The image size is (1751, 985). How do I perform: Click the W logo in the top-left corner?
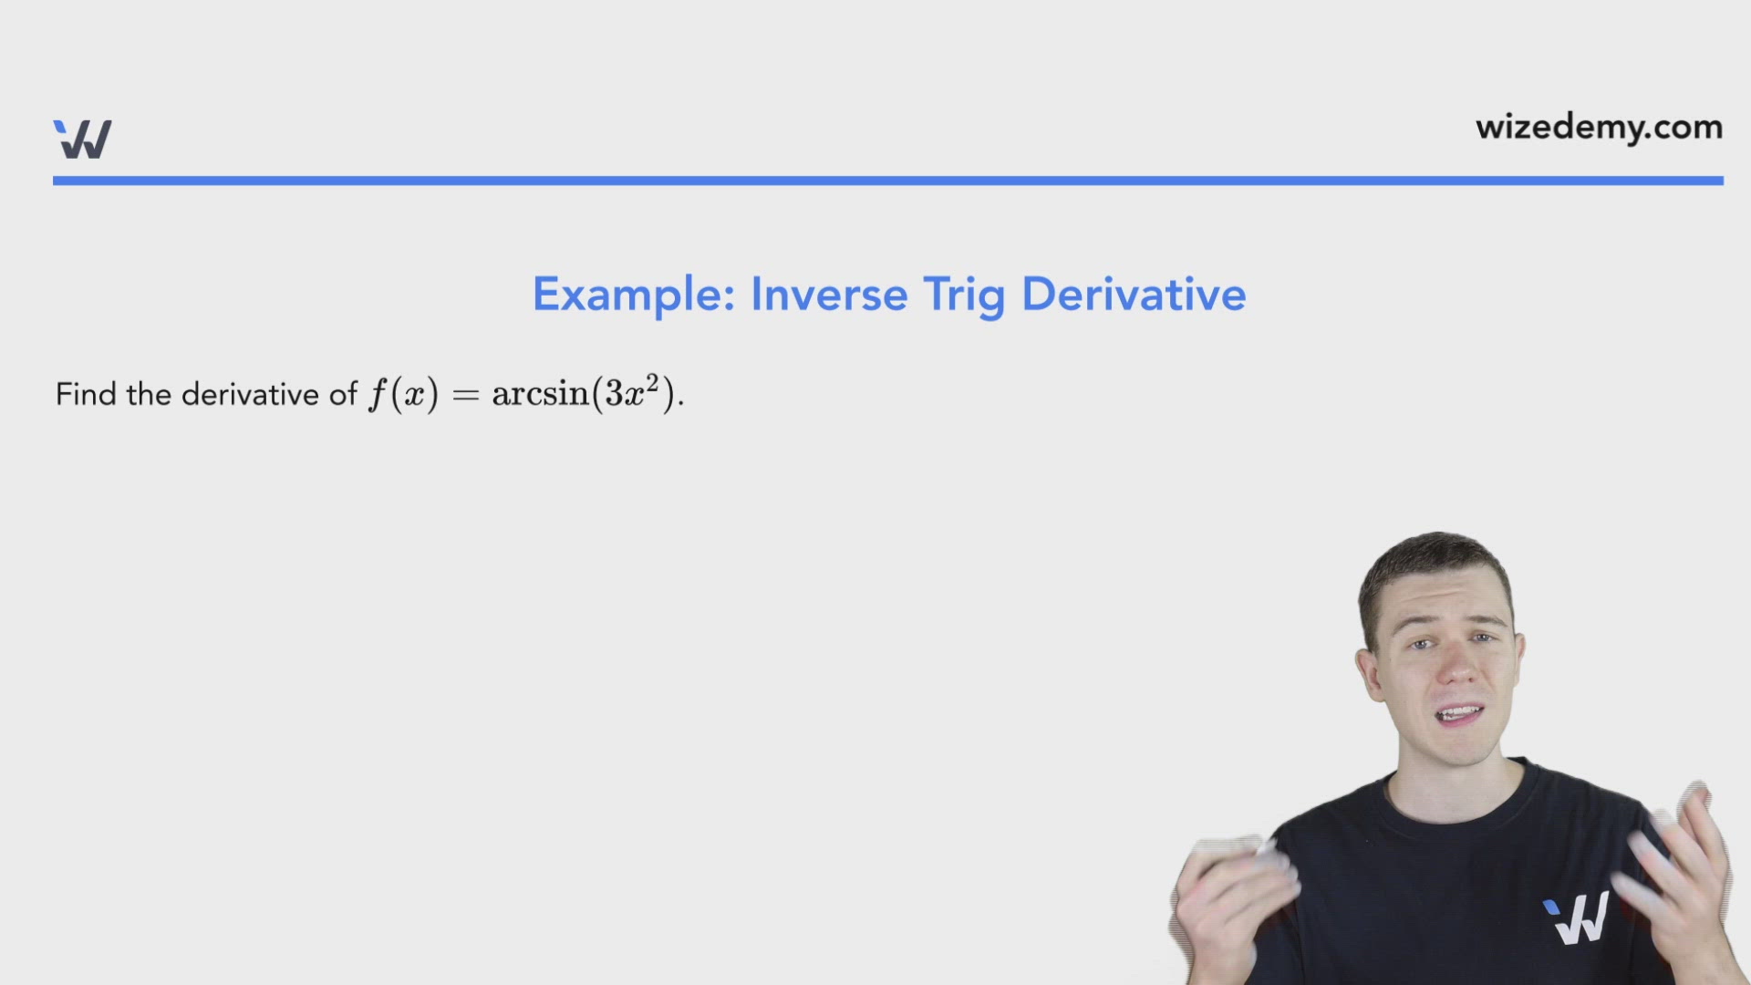pyautogui.click(x=82, y=140)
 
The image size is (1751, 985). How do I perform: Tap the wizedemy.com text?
pyautogui.click(x=1599, y=128)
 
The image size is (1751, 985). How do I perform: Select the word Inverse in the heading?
pyautogui.click(x=829, y=295)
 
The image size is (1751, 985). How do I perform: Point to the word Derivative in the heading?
pyautogui.click(x=1134, y=295)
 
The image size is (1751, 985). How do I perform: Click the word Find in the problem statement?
pyautogui.click(x=86, y=394)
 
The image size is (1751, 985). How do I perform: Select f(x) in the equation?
pyautogui.click(x=403, y=395)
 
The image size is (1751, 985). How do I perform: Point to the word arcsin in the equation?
pyautogui.click(x=540, y=394)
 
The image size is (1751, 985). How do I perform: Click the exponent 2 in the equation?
pyautogui.click(x=652, y=381)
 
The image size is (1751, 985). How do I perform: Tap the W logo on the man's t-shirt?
pyautogui.click(x=1577, y=918)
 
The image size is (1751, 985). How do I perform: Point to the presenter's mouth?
pyautogui.click(x=1459, y=714)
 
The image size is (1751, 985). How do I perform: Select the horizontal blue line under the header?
pyautogui.click(x=887, y=181)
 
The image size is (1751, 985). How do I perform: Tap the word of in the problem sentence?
pyautogui.click(x=343, y=394)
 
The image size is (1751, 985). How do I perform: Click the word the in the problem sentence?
pyautogui.click(x=149, y=394)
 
